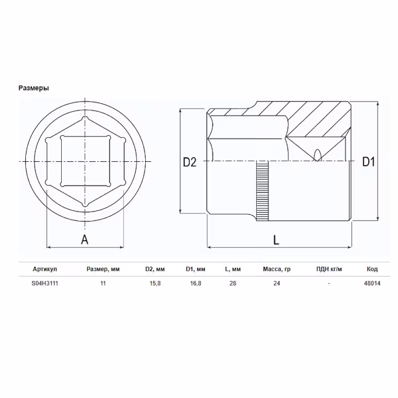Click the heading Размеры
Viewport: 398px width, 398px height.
(33, 88)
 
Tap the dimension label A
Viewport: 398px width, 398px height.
(85, 240)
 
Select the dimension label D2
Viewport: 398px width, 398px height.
(190, 162)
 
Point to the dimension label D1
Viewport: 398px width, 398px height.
(368, 162)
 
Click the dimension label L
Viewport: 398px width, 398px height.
(276, 240)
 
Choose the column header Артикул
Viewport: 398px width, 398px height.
(45, 269)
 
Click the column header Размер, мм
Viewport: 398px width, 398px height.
(103, 269)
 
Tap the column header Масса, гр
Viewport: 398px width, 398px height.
(277, 269)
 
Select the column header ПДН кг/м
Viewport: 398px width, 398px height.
(329, 269)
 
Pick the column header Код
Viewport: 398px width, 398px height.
(372, 269)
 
